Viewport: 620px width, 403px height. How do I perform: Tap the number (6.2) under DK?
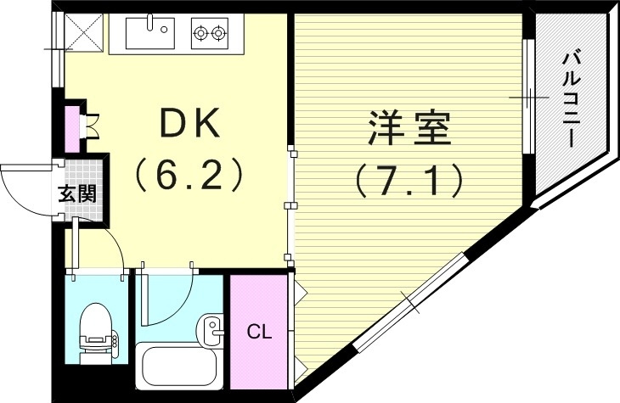pos(189,176)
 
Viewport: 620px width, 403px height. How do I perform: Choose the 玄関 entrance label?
pos(77,193)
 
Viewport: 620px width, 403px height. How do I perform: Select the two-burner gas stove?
pos(210,34)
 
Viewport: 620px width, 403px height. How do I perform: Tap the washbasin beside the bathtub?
pos(211,327)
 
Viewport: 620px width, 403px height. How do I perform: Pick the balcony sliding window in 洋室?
pos(527,99)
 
